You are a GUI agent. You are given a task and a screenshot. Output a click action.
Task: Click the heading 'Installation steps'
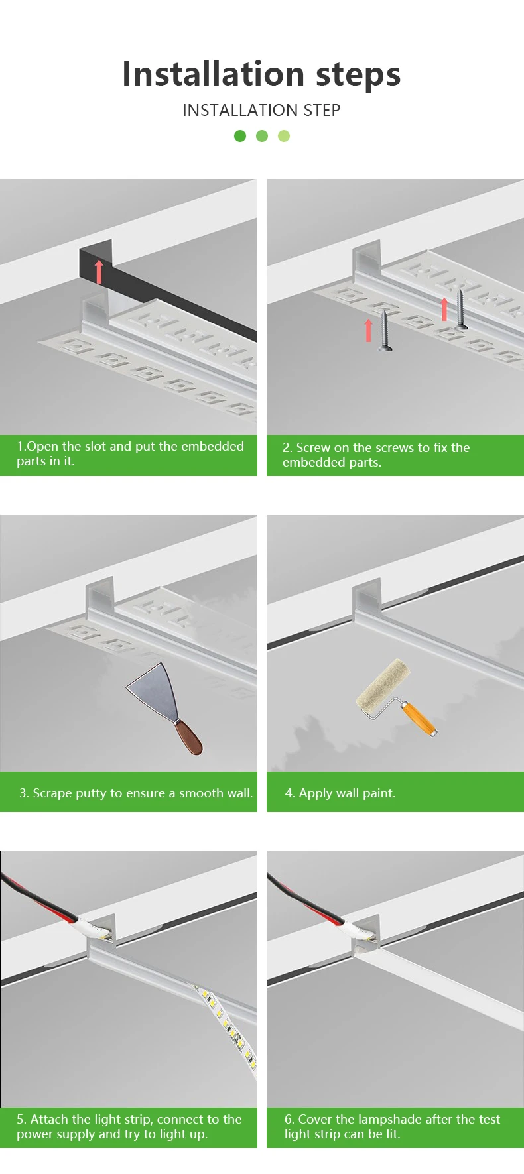pos(261,74)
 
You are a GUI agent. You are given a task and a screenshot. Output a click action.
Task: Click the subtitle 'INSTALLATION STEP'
pos(261,110)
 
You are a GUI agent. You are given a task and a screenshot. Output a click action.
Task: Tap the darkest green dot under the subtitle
pos(240,136)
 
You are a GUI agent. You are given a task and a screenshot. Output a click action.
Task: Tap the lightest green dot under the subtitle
pos(284,136)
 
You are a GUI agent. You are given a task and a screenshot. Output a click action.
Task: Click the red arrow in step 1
pos(99,271)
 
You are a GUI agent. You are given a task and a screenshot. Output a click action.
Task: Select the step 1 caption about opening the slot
pos(130,453)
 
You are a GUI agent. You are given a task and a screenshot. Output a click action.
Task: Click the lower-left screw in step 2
pos(385,330)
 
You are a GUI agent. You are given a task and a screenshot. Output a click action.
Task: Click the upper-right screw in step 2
pos(461,308)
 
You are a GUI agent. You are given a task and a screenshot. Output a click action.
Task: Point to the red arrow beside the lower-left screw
pos(369,330)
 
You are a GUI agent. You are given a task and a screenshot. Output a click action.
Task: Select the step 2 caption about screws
pos(376,455)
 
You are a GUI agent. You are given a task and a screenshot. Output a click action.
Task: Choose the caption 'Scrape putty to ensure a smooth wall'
pos(136,793)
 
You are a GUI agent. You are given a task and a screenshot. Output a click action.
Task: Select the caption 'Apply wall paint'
pos(340,793)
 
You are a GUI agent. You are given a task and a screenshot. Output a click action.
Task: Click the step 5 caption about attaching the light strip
pos(129,1126)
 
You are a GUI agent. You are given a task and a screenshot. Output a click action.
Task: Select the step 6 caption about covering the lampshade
pos(393,1126)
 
